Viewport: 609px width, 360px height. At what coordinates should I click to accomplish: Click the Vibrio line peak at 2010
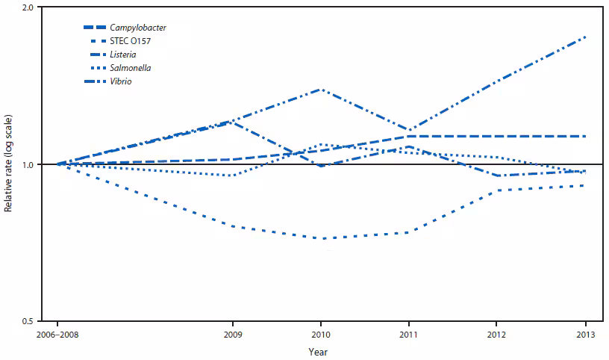click(x=321, y=90)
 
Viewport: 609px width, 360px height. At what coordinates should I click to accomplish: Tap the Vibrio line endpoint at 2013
click(x=585, y=37)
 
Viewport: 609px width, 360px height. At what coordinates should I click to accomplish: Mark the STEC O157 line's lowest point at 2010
click(x=321, y=238)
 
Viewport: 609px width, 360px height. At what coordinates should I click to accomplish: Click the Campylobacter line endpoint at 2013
click(x=585, y=136)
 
